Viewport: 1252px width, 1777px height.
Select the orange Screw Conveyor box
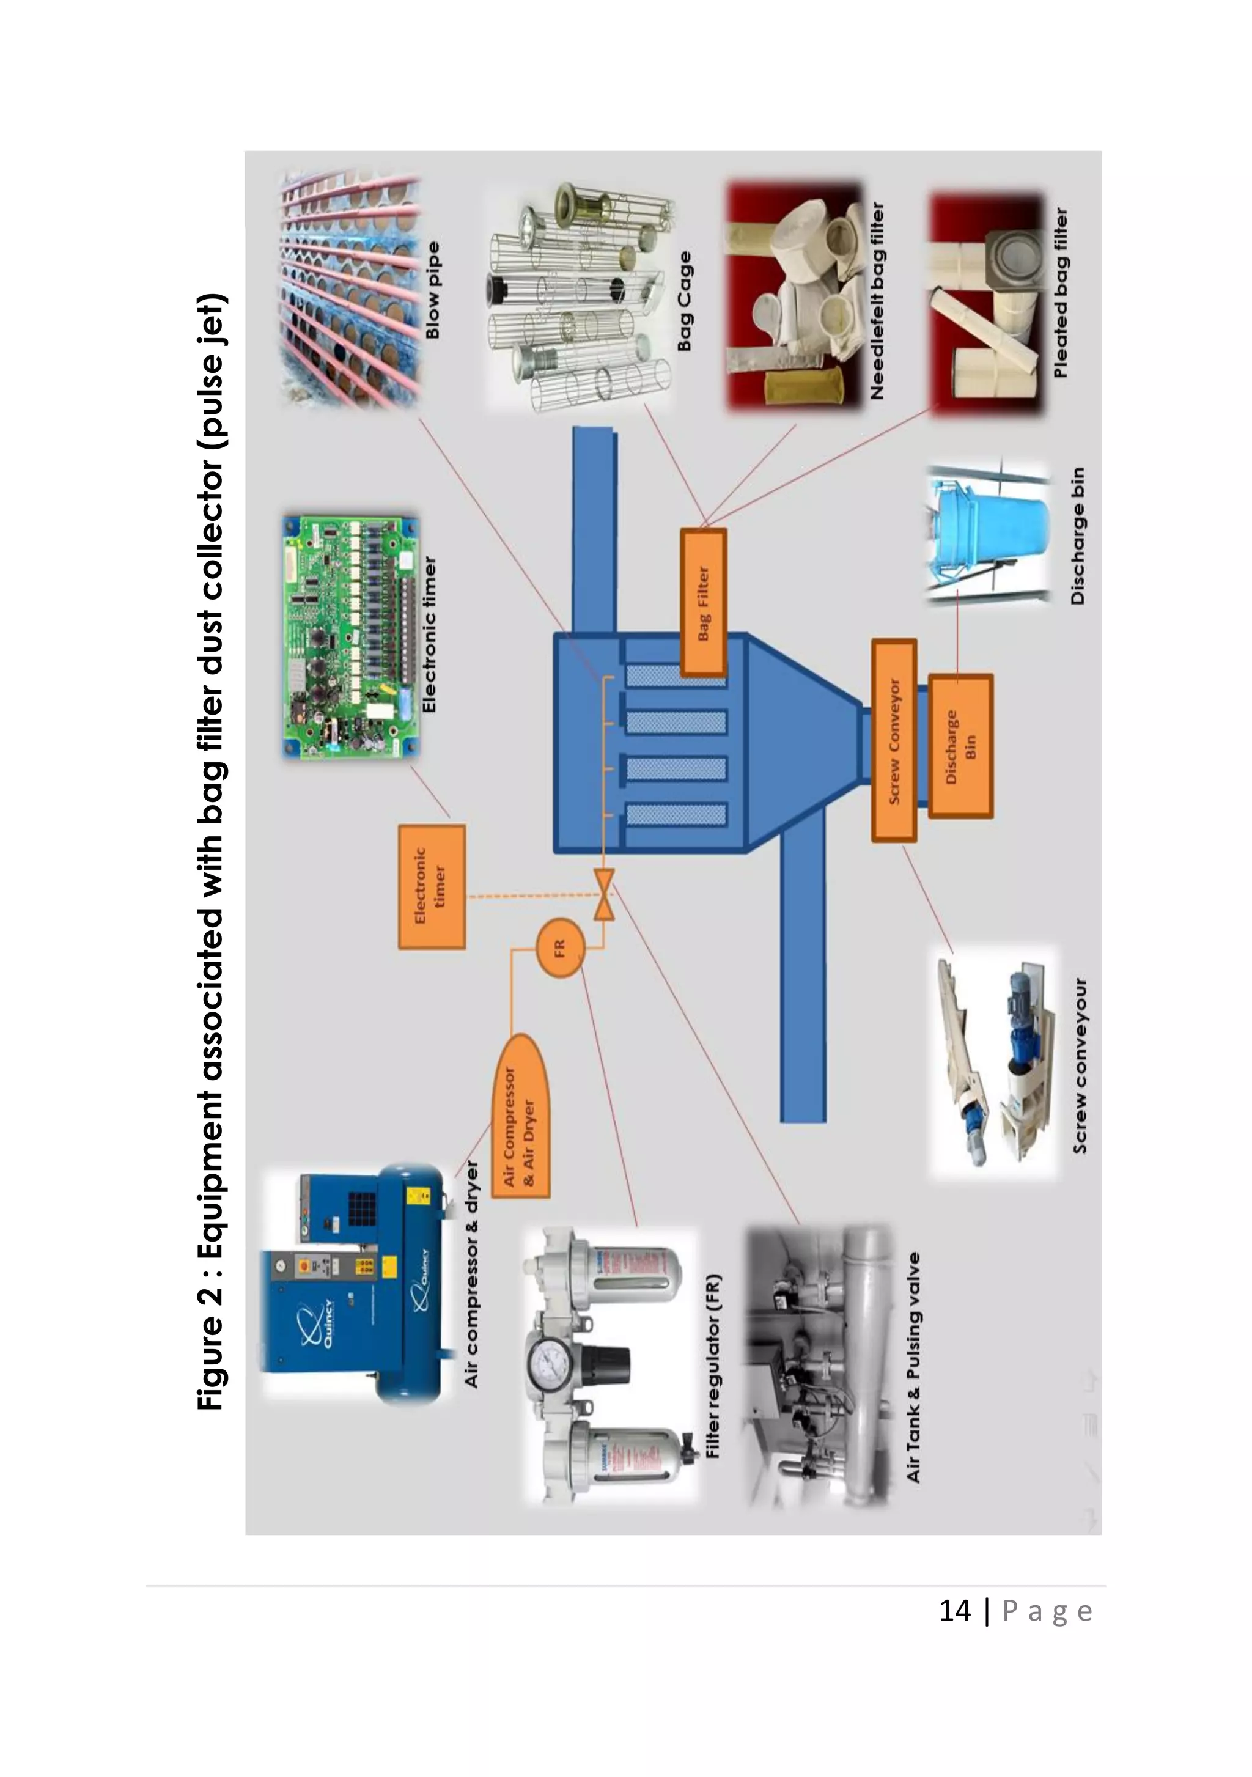[x=894, y=740]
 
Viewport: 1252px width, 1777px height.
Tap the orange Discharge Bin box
[x=960, y=746]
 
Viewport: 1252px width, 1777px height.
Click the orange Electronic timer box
[x=432, y=886]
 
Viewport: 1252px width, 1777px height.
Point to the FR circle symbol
[x=559, y=947]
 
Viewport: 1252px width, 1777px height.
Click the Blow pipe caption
[x=433, y=290]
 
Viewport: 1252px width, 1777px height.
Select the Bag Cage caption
[x=684, y=302]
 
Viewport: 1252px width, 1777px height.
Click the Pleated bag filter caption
[x=1060, y=293]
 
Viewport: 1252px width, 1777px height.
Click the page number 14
[x=954, y=1611]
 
